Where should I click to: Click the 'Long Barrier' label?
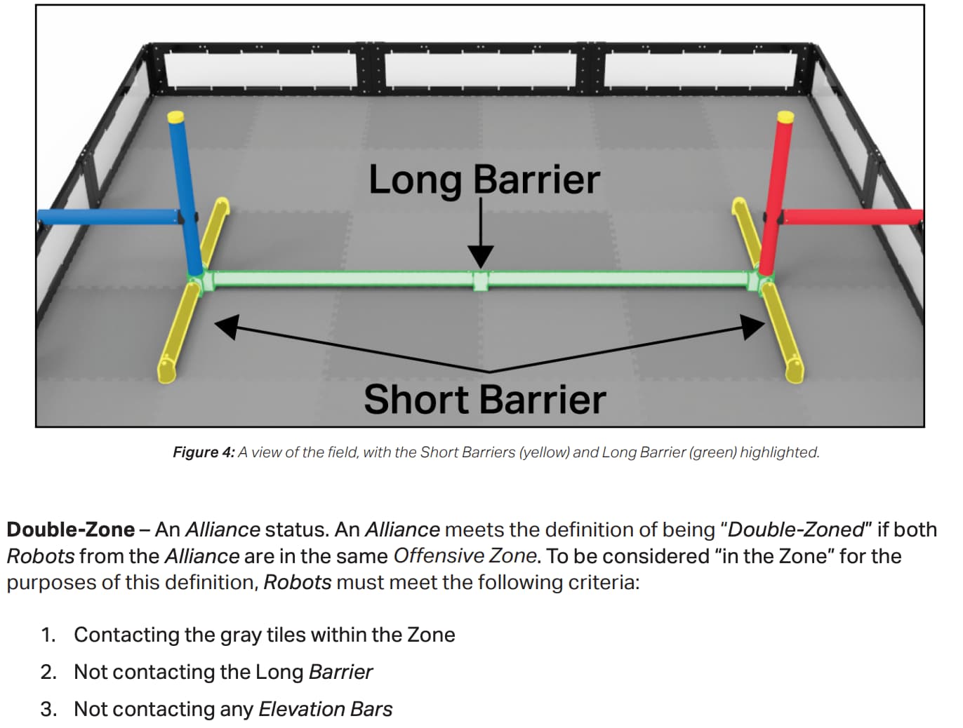click(x=484, y=180)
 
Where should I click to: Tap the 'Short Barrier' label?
click(x=484, y=400)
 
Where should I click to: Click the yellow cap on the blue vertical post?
click(x=175, y=116)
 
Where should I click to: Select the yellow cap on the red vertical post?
click(x=785, y=116)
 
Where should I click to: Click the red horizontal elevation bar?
click(x=853, y=217)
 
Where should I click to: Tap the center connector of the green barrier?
click(x=480, y=281)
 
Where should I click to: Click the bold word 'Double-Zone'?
click(x=71, y=530)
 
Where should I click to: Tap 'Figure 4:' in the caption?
click(x=204, y=452)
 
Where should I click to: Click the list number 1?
click(x=48, y=635)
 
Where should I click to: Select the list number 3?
click(x=48, y=710)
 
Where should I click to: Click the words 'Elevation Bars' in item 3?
click(x=326, y=710)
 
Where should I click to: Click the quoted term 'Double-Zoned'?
click(x=796, y=530)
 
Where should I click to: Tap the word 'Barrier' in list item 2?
click(x=340, y=673)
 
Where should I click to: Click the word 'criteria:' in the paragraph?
click(x=604, y=583)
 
